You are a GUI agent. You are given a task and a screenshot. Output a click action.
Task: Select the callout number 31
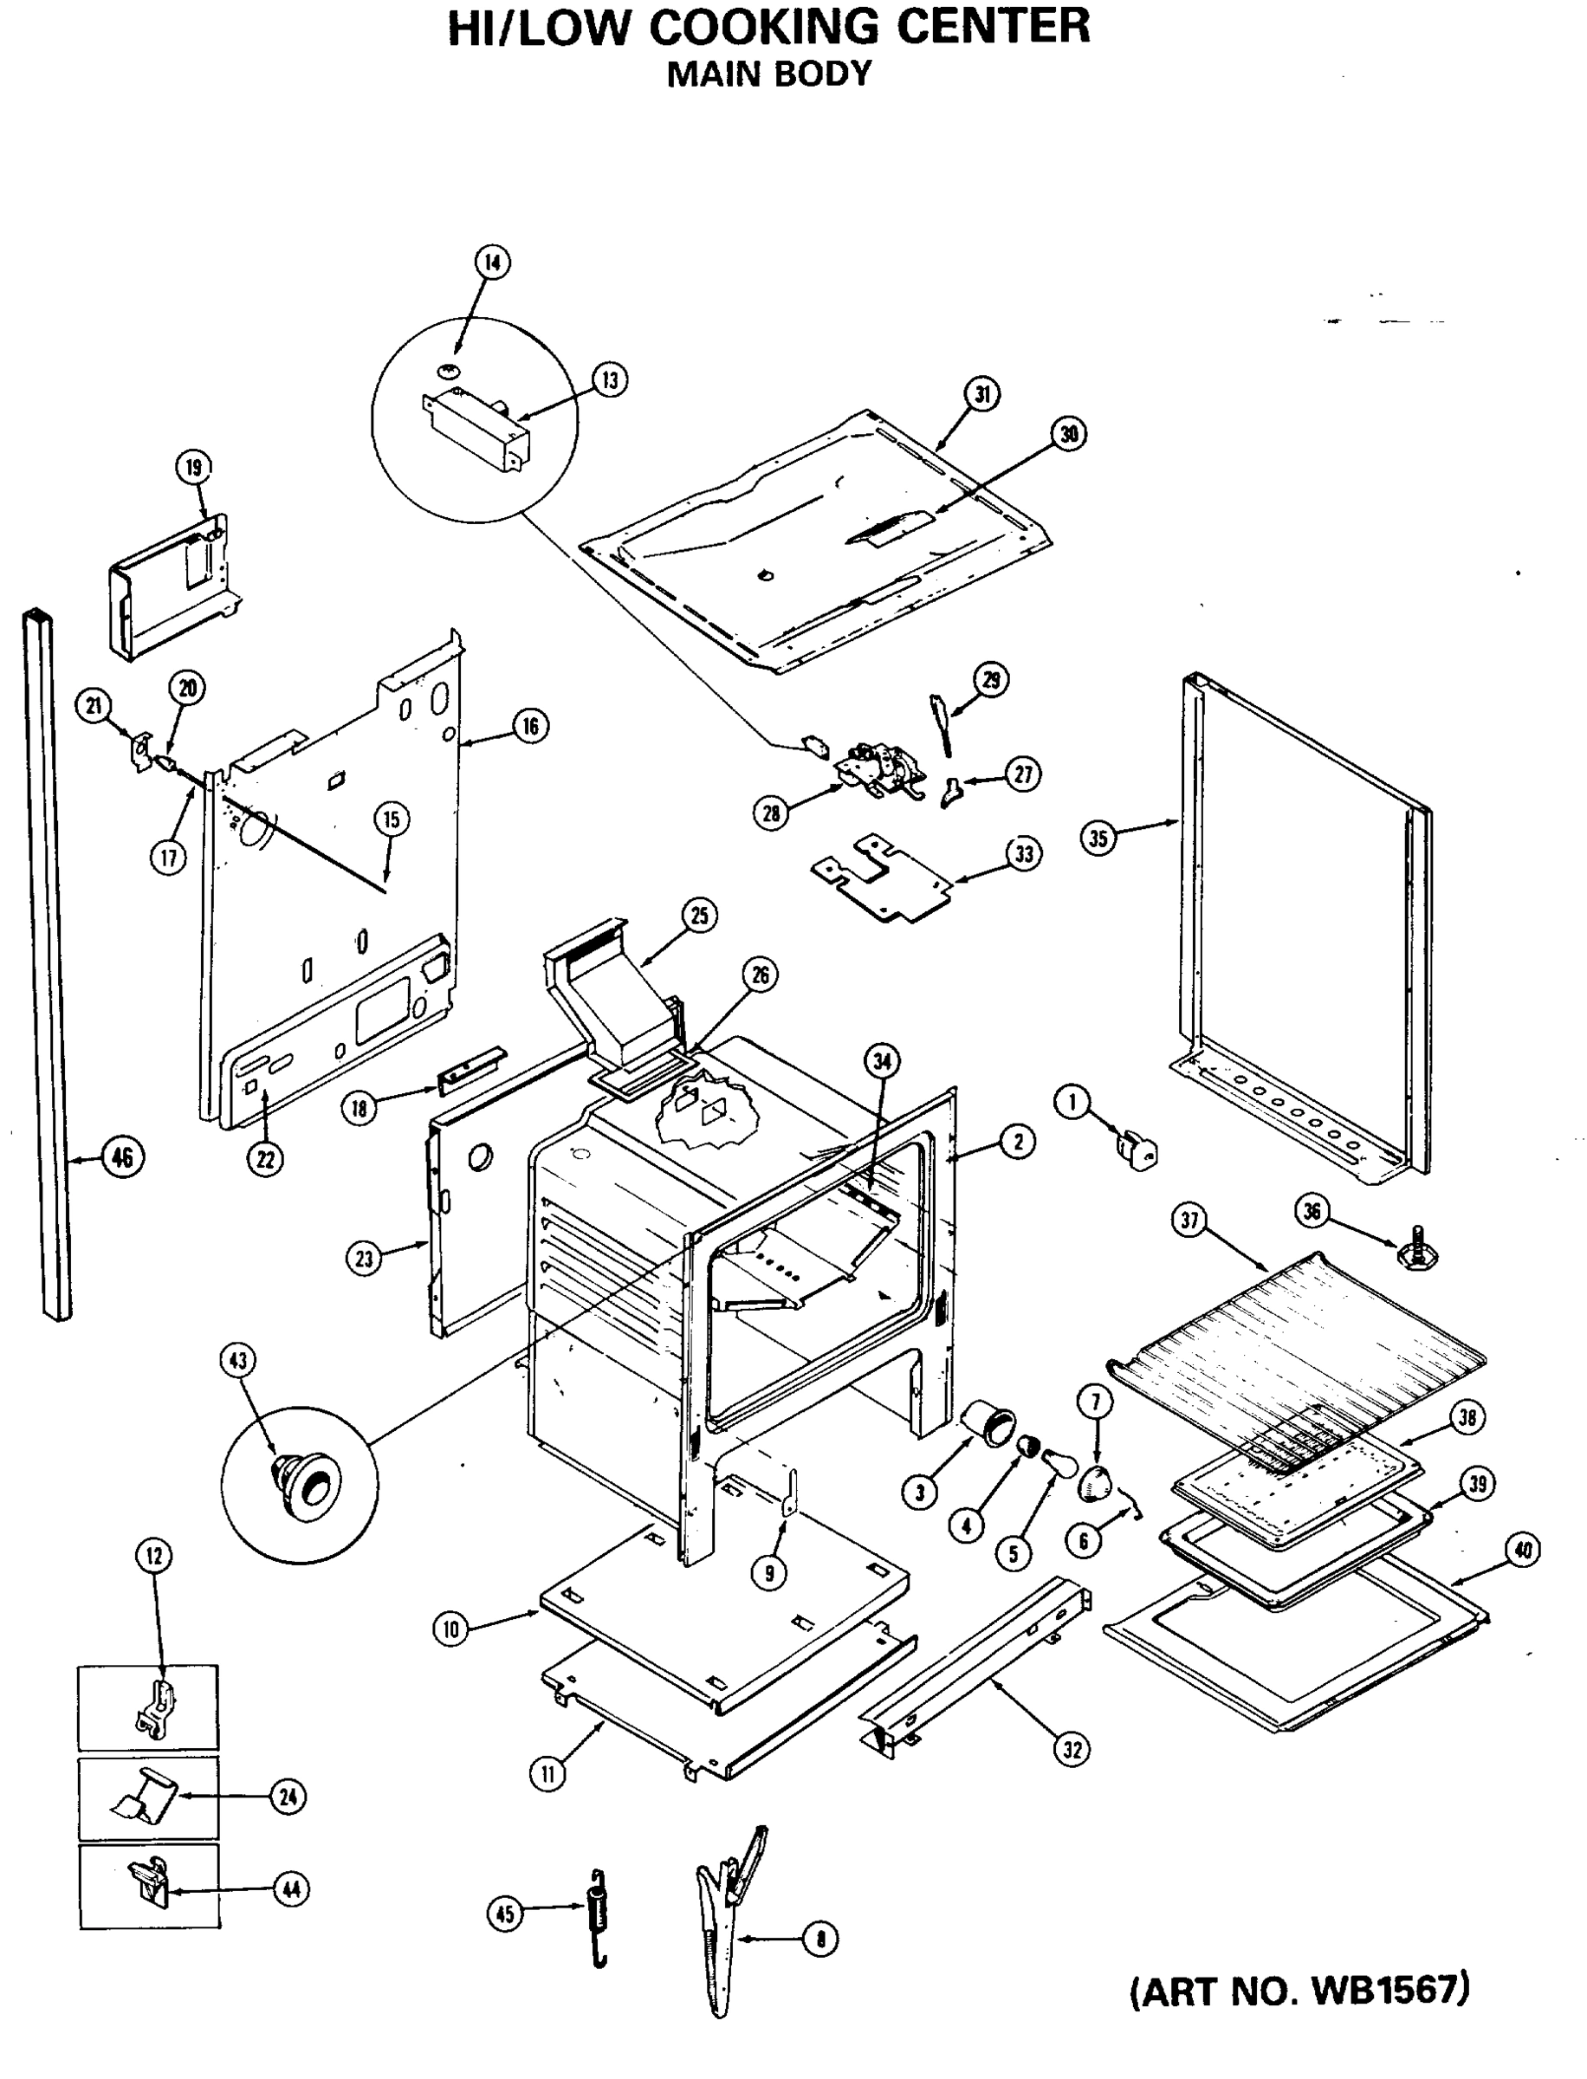pyautogui.click(x=982, y=394)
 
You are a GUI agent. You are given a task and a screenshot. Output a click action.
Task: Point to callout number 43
pyautogui.click(x=237, y=1360)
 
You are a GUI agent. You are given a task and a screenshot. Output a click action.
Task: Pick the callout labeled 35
pyautogui.click(x=1098, y=838)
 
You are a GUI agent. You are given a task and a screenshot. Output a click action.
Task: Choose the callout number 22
pyautogui.click(x=265, y=1159)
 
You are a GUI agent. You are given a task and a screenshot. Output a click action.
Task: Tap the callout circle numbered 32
pyautogui.click(x=1072, y=1749)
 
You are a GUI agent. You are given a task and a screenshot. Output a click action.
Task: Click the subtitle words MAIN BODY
pyautogui.click(x=769, y=74)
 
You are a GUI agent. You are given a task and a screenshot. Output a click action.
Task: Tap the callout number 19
pyautogui.click(x=194, y=467)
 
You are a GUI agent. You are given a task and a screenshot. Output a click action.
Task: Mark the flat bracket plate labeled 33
pyautogui.click(x=884, y=877)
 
